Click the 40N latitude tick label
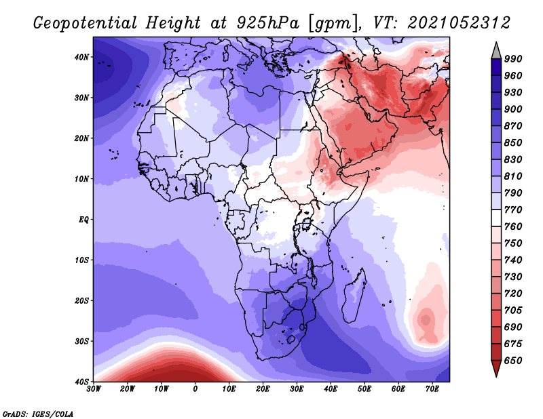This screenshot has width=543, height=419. (81, 57)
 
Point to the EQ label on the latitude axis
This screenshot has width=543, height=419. (83, 220)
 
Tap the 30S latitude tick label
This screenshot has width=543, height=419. (81, 341)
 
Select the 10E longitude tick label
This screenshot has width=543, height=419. (229, 389)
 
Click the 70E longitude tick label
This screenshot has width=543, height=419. (432, 389)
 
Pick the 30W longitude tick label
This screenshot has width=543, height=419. (94, 389)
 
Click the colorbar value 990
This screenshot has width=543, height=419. (513, 59)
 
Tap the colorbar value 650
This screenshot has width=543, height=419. (513, 361)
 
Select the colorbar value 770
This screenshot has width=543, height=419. (513, 209)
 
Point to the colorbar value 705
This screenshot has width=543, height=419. (513, 310)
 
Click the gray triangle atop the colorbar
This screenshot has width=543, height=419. (496, 51)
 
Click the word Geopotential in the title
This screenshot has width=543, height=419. (86, 24)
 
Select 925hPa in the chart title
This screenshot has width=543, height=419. (268, 23)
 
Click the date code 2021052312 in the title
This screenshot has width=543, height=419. (459, 23)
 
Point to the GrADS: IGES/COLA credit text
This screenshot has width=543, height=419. (38, 414)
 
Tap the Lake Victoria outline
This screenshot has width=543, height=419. (307, 224)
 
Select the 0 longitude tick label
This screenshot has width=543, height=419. (195, 389)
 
